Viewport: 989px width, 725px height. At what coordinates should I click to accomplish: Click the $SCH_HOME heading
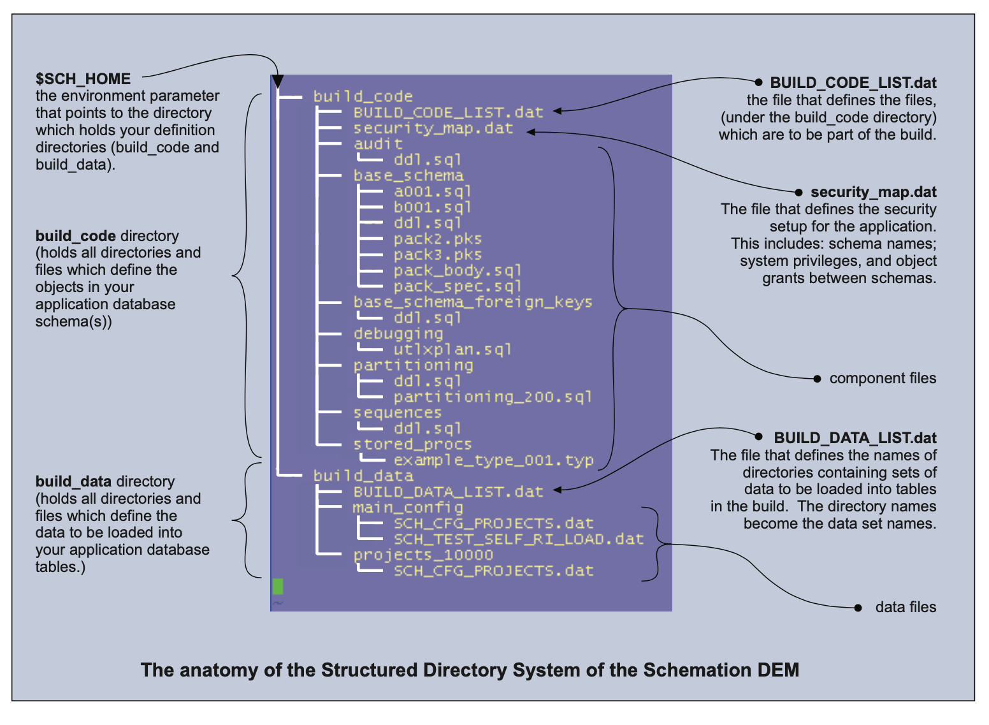click(83, 79)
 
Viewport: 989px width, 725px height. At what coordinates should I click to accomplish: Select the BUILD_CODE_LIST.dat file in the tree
click(448, 113)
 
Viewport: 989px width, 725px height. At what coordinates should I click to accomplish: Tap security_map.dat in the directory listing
click(433, 128)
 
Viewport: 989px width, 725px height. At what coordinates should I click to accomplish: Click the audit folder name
click(378, 144)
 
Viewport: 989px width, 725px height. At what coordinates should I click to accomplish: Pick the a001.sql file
click(432, 191)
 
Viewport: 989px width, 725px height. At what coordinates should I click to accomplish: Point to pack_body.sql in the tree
click(457, 270)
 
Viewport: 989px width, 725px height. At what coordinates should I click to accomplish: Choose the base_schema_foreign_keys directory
click(473, 302)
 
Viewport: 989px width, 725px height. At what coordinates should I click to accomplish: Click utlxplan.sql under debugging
click(452, 349)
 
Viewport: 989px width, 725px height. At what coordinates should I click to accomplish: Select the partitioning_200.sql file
click(493, 397)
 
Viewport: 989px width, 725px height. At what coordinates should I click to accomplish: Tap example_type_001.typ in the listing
click(493, 460)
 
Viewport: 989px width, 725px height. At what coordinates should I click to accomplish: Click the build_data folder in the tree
click(363, 476)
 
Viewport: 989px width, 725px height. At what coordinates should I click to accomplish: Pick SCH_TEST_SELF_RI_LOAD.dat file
click(518, 539)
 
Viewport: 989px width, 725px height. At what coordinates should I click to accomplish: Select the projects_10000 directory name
click(423, 555)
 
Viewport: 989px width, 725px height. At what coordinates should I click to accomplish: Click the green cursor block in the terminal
click(278, 586)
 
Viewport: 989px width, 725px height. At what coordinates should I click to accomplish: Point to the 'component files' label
click(883, 379)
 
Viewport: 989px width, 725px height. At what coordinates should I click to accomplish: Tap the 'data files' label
click(906, 607)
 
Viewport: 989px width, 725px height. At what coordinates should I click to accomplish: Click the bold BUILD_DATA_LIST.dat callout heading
click(855, 438)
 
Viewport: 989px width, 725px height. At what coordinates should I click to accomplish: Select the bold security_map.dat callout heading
click(873, 193)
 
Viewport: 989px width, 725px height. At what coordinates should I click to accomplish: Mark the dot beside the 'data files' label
click(858, 608)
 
